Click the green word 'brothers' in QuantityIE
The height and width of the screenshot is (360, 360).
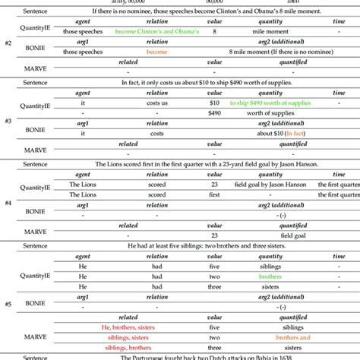pos(270,276)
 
